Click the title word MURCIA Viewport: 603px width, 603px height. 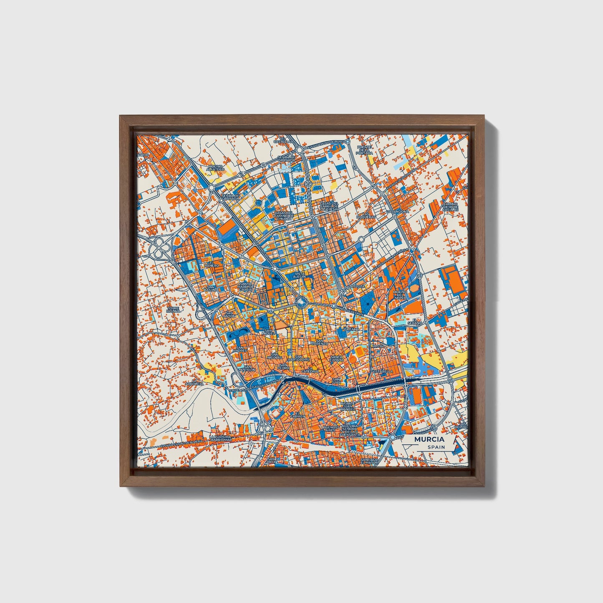(429, 439)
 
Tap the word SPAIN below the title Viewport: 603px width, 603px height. (436, 447)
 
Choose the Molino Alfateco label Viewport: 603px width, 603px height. (215, 168)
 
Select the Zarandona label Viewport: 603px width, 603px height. (398, 212)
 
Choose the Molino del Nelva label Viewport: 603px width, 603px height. (399, 294)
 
